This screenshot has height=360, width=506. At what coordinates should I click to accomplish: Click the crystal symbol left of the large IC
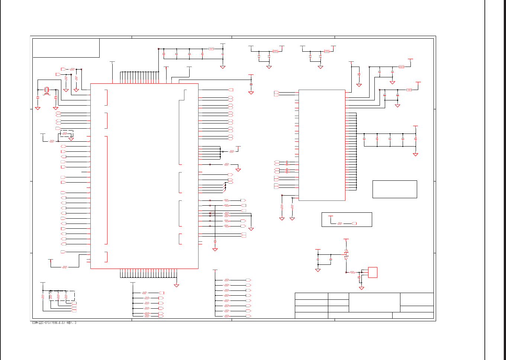(x=46, y=90)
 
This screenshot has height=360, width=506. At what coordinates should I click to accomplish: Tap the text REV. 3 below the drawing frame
(x=71, y=323)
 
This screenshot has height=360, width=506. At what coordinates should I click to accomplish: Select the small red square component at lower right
(x=373, y=272)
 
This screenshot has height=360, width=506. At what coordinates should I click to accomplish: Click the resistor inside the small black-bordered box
(x=339, y=224)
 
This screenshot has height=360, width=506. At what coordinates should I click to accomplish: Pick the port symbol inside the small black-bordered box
(x=354, y=224)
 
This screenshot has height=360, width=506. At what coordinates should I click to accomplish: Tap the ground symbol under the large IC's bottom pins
(x=177, y=285)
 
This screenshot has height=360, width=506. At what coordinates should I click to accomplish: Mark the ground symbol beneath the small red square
(x=361, y=288)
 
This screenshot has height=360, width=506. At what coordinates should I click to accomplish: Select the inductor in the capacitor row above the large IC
(x=211, y=49)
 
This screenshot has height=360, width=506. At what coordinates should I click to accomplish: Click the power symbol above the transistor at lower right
(x=346, y=240)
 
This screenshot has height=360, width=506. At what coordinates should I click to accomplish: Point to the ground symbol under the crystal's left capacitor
(x=38, y=108)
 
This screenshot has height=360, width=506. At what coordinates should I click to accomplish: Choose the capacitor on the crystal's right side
(x=56, y=97)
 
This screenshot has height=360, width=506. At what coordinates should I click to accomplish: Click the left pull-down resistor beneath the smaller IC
(x=282, y=206)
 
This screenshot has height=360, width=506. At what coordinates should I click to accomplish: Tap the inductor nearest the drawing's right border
(x=409, y=90)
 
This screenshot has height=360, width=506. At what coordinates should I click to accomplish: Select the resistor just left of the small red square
(x=352, y=272)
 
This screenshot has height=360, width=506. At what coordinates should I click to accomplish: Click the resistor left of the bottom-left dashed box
(x=43, y=297)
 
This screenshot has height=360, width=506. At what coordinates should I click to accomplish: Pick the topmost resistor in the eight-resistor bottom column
(x=227, y=280)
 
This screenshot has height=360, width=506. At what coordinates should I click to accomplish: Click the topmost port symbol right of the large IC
(x=231, y=90)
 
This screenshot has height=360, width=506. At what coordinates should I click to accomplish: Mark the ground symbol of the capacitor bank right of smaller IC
(x=416, y=154)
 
